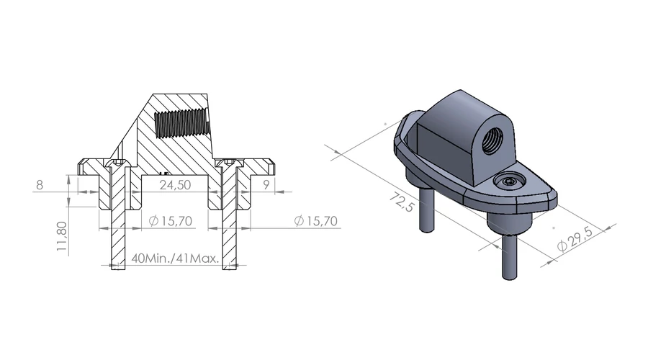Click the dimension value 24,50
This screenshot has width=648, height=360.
(175, 185)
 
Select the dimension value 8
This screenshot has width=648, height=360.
(40, 185)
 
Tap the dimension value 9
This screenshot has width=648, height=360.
(266, 184)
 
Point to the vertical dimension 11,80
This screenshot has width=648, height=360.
(62, 236)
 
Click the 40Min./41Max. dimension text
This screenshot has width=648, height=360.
(174, 258)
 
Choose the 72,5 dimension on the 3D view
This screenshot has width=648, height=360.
(401, 202)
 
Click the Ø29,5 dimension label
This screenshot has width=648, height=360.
(575, 239)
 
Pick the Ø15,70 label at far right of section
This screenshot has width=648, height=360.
(316, 221)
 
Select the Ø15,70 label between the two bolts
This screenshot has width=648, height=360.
(170, 221)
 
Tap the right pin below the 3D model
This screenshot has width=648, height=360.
(510, 256)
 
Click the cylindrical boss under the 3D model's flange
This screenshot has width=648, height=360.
(509, 222)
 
